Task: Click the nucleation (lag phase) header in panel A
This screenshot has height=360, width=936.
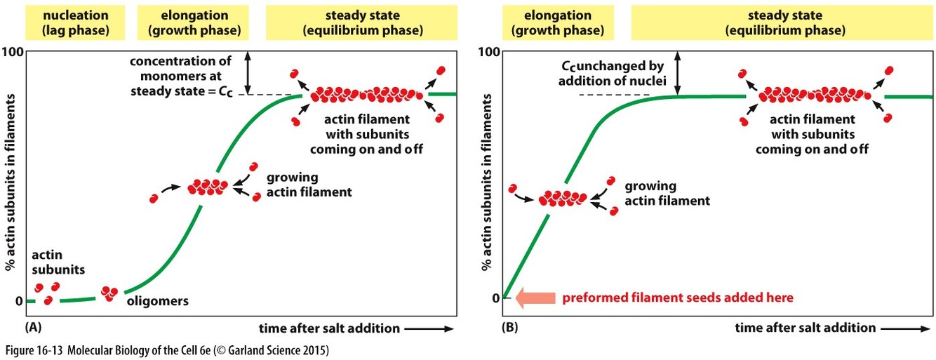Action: [x=65, y=21]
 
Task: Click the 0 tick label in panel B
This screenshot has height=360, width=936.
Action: [x=496, y=298]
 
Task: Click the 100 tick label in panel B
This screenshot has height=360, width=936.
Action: [x=489, y=52]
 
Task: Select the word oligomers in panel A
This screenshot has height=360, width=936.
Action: [x=158, y=302]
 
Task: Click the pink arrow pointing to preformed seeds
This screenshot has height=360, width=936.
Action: [x=535, y=298]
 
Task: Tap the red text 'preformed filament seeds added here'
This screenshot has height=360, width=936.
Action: [x=677, y=298]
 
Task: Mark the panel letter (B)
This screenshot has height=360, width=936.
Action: [x=512, y=328]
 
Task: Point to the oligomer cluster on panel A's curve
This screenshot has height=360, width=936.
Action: [x=109, y=293]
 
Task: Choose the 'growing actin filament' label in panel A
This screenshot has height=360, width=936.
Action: [x=309, y=184]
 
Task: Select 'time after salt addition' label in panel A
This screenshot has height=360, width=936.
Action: [x=328, y=328]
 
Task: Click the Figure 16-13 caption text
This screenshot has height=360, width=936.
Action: [x=167, y=349]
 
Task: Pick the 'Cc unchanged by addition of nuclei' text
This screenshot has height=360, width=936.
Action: [x=611, y=73]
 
